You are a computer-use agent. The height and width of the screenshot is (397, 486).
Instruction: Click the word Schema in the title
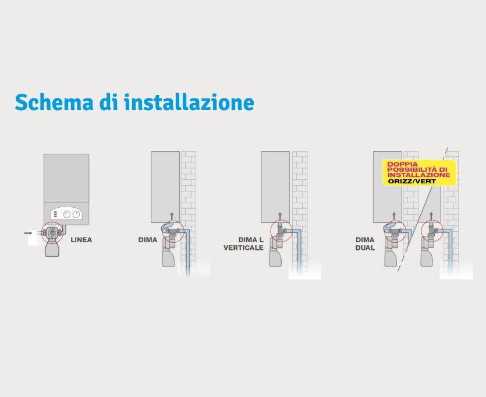pyautogui.click(x=54, y=102)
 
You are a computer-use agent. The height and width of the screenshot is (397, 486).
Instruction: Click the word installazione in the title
pyautogui.click(x=189, y=102)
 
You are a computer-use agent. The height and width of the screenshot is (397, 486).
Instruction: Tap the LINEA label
pyautogui.click(x=81, y=240)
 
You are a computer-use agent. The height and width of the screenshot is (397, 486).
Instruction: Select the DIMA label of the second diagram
pyautogui.click(x=147, y=240)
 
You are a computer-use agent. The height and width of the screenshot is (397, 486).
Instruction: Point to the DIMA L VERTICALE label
pyautogui.click(x=244, y=243)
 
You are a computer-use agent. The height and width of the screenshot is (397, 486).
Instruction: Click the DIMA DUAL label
pyautogui.click(x=365, y=243)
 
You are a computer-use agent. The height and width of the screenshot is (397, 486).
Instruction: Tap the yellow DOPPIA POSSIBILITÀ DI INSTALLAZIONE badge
pyautogui.click(x=419, y=173)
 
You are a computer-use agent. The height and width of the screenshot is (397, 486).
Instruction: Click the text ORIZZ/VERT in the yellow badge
pyautogui.click(x=412, y=181)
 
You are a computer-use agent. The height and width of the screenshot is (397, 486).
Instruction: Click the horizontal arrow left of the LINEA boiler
pyautogui.click(x=28, y=233)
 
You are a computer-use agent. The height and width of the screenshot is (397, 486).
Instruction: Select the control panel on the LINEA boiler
pyautogui.click(x=66, y=214)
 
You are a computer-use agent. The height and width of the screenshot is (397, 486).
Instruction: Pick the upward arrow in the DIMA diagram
pyautogui.click(x=172, y=216)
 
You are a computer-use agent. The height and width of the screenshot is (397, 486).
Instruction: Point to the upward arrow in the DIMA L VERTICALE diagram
pyautogui.click(x=280, y=216)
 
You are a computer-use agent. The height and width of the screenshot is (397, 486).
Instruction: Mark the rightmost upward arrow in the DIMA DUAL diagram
pyautogui.click(x=431, y=216)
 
